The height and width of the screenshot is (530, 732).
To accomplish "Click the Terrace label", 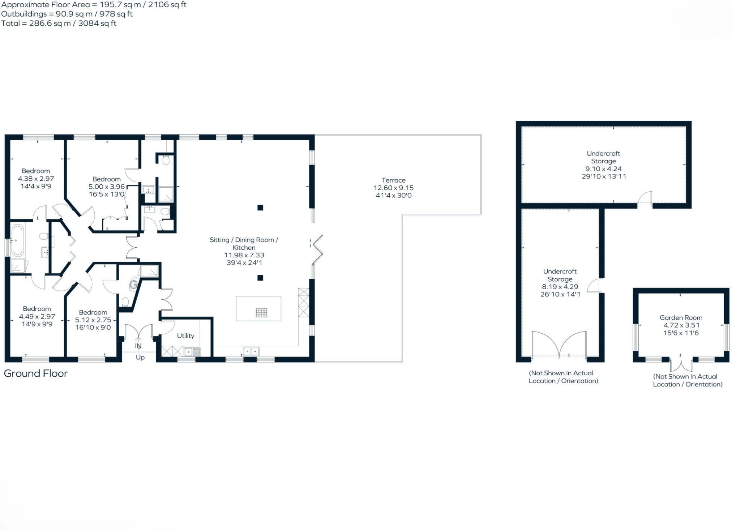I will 393,180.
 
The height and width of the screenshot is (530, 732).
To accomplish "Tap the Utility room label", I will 185,336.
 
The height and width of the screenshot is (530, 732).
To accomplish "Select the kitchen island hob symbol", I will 261,312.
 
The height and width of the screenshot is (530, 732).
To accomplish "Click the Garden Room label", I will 681,318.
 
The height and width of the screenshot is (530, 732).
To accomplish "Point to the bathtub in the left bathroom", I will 17,240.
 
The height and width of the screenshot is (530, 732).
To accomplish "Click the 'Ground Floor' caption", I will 36,373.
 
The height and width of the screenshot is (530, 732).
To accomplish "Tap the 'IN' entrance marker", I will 138,346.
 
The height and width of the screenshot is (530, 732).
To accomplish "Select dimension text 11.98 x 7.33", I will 244,255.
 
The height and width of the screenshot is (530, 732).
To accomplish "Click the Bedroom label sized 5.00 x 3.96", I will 106,179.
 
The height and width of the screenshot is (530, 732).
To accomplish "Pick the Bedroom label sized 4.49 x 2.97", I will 37,309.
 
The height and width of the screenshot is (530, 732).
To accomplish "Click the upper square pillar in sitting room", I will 260,208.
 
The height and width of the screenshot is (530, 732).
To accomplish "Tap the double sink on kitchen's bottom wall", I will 251,351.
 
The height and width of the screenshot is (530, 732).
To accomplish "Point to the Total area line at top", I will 59,23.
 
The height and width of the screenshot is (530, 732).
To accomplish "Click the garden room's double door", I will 681,364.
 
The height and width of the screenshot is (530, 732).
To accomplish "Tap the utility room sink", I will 192,351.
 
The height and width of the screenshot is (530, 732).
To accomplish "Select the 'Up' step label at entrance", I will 140,358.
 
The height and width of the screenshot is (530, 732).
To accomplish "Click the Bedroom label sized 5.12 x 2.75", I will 93,312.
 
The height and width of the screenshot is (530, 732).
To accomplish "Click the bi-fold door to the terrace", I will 317,249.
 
